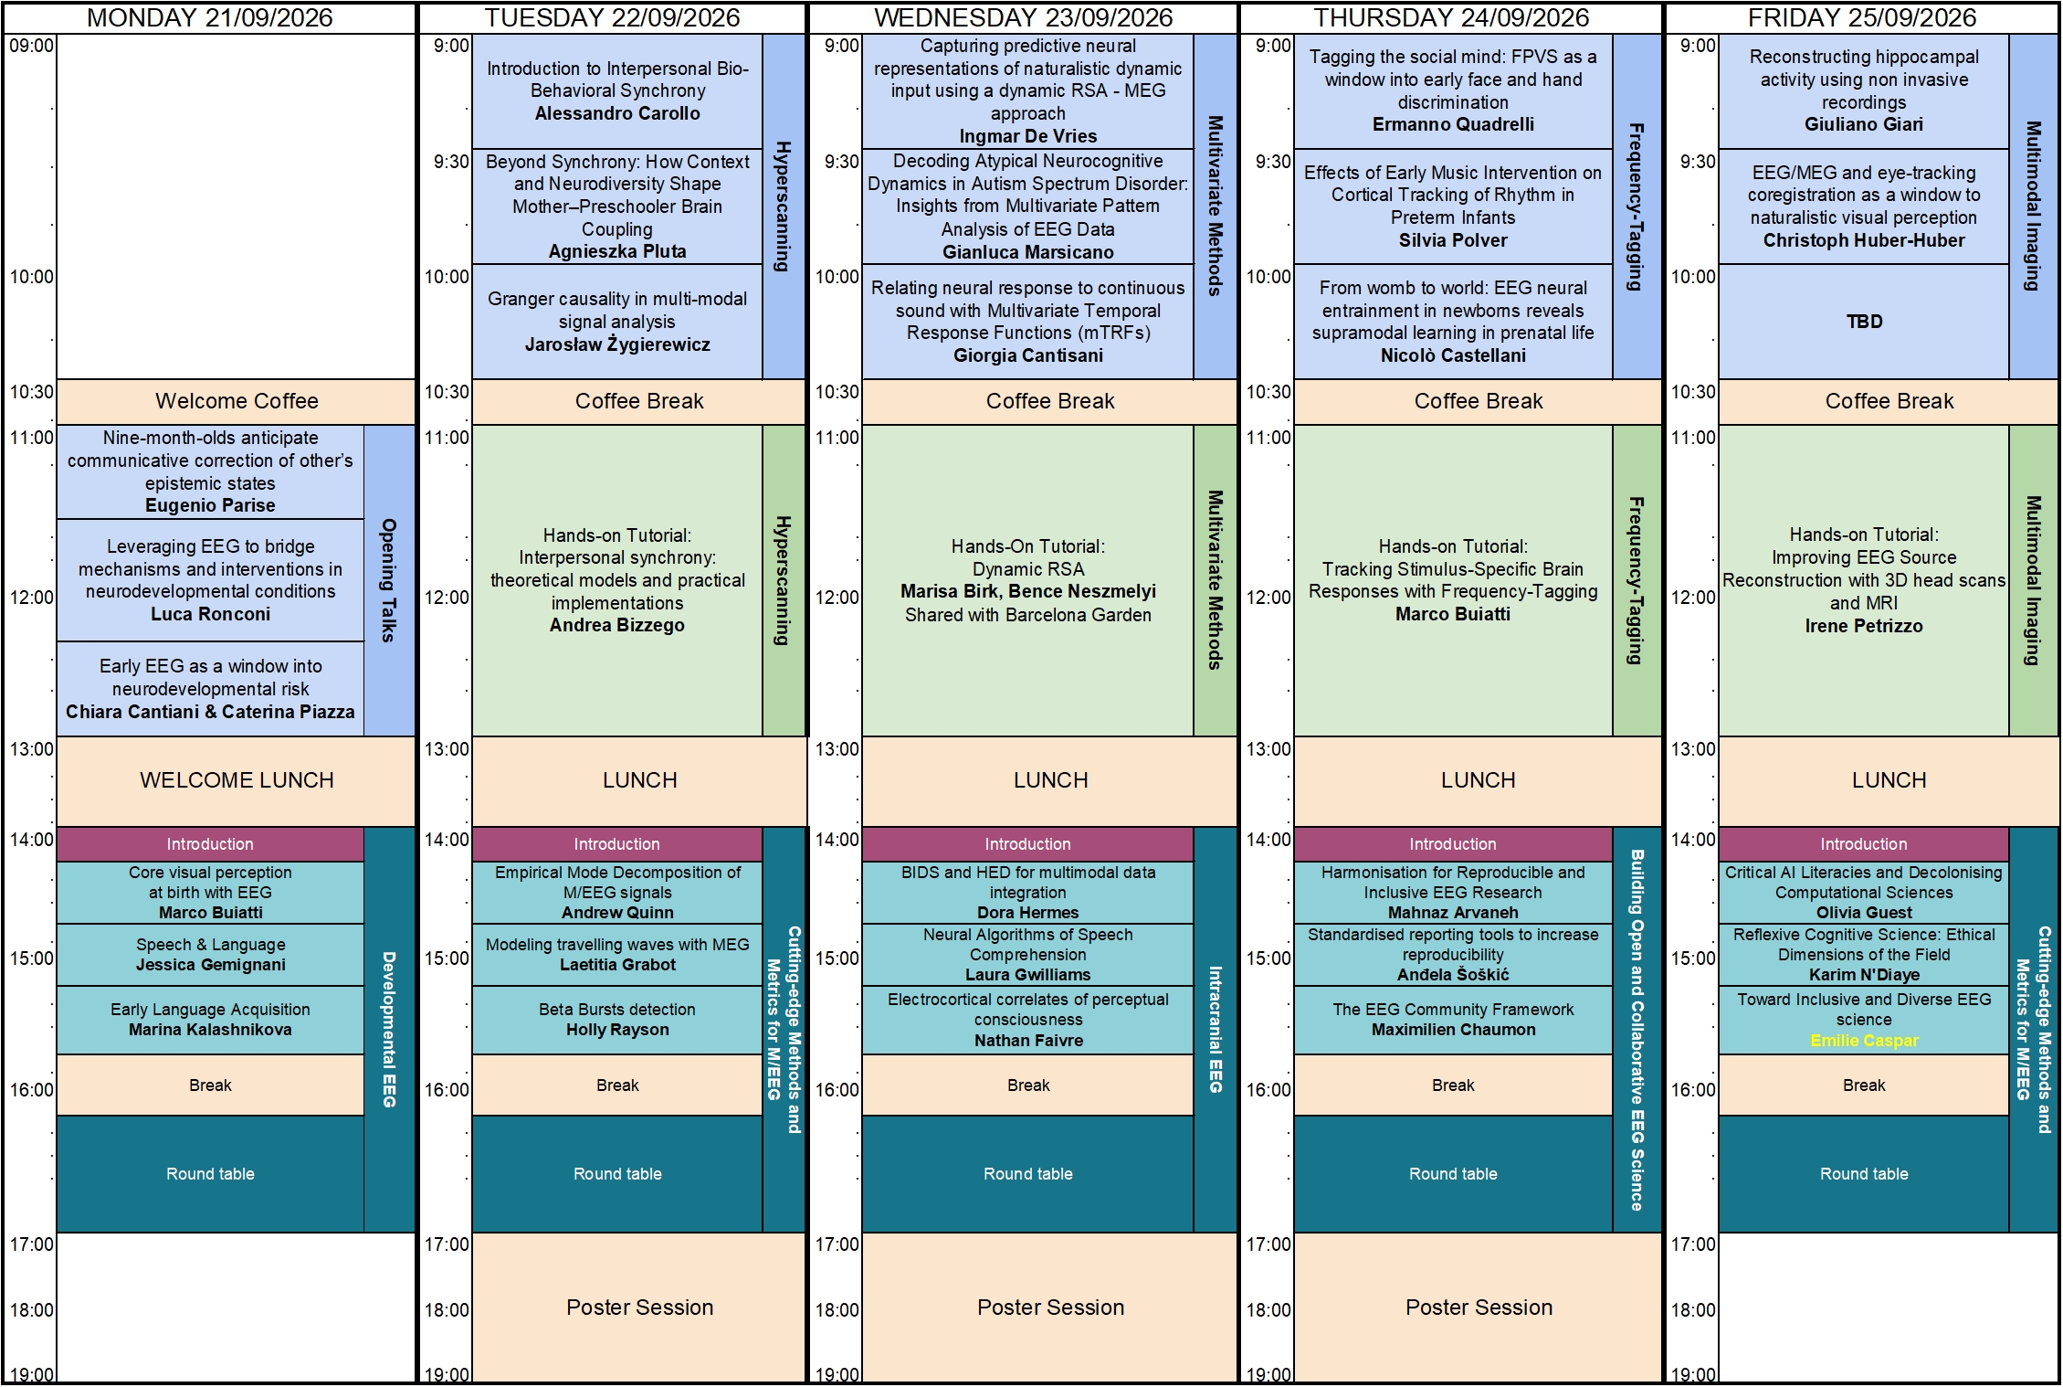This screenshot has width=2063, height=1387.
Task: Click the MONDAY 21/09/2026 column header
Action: (x=209, y=17)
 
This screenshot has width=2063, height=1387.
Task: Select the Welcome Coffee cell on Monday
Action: (x=237, y=401)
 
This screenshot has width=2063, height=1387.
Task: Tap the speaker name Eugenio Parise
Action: (x=210, y=505)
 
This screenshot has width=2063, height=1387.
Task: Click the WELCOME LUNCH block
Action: (x=237, y=780)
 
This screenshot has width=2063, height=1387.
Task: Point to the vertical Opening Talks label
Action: (x=389, y=580)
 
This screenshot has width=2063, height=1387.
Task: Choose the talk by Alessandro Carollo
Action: (x=617, y=91)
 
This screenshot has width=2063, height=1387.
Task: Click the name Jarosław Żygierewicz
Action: (x=617, y=344)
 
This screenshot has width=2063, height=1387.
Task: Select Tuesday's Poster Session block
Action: (x=639, y=1308)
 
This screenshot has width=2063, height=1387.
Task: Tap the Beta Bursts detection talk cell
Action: (x=617, y=1020)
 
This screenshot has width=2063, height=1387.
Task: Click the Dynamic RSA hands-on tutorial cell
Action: (x=1028, y=580)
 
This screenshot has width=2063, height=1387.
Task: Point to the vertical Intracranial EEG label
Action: (x=1216, y=1029)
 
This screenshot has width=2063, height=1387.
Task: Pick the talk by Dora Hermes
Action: (x=1028, y=893)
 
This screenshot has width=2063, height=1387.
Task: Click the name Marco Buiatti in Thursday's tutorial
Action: (x=1453, y=614)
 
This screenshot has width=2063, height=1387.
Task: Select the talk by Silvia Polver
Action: (x=1453, y=206)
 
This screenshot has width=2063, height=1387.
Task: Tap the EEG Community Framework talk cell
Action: (x=1453, y=1020)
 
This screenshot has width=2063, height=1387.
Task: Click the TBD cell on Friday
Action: (x=1864, y=322)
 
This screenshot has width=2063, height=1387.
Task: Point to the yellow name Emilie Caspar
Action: (x=1864, y=1041)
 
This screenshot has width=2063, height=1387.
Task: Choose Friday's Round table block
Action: (x=1864, y=1174)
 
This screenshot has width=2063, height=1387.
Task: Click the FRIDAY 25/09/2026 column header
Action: (x=1862, y=17)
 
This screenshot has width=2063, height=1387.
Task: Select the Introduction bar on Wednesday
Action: (x=1028, y=844)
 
